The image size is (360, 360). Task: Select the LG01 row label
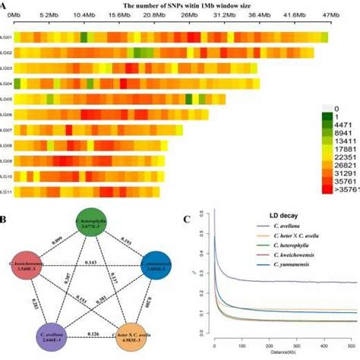click(6, 37)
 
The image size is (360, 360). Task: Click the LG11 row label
click(6, 191)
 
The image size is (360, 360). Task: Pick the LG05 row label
click(6, 99)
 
